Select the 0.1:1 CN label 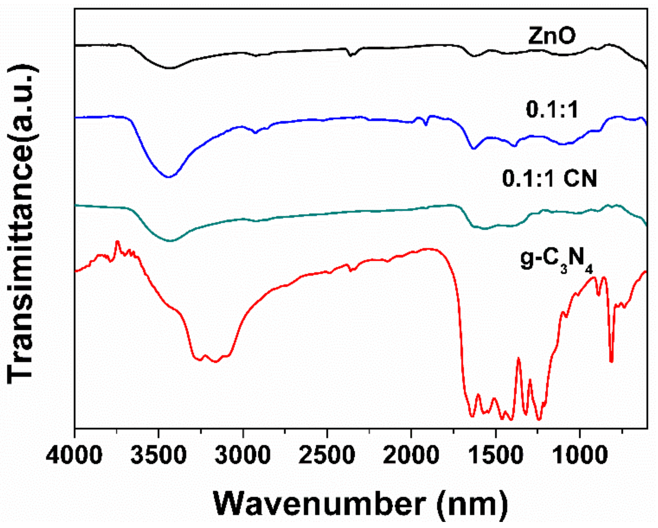pos(549,178)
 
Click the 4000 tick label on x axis pos(74,455)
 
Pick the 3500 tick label pos(158,455)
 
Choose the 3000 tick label pos(243,455)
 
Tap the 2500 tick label pos(327,455)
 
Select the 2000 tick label pos(411,455)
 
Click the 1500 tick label pos(495,455)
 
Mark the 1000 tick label pos(580,455)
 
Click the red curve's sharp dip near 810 pos(611,361)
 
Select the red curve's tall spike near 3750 pos(117,242)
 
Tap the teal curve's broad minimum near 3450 pos(170,241)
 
